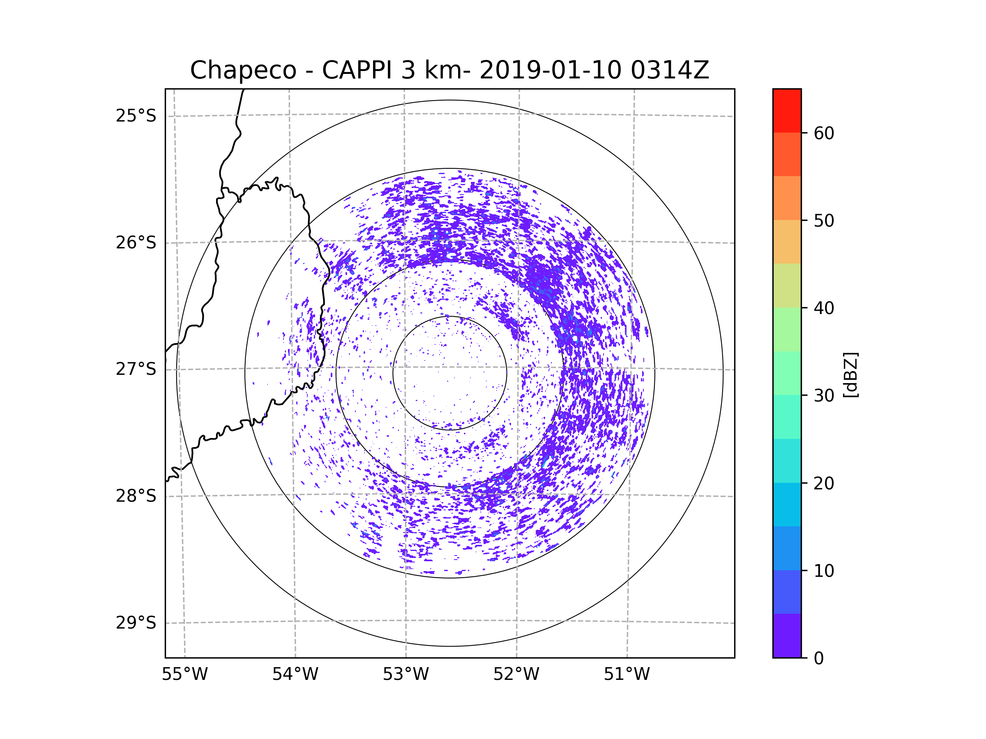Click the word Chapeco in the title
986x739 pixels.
tap(243, 70)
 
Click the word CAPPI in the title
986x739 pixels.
tap(357, 70)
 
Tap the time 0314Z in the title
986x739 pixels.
tap(669, 70)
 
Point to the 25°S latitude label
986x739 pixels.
tap(136, 116)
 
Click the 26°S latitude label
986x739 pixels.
tap(136, 243)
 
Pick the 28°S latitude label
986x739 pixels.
tap(136, 496)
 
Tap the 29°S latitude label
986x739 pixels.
tap(136, 623)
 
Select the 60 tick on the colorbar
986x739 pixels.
tap(824, 133)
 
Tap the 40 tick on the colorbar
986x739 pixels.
tap(824, 308)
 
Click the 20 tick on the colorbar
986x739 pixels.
tap(824, 483)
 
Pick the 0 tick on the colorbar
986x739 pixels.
tap(819, 659)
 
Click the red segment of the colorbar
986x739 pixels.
tap(787, 111)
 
